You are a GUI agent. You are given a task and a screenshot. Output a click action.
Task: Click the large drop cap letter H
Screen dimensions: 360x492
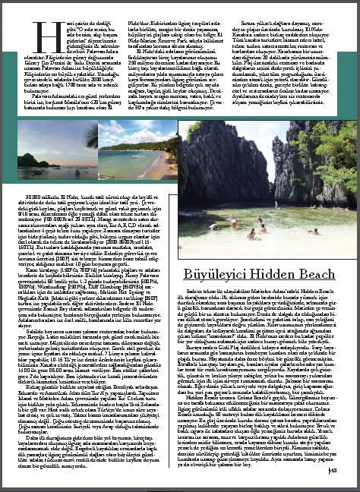click(39, 31)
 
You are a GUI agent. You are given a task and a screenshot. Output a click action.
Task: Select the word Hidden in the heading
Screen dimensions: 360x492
click(274, 270)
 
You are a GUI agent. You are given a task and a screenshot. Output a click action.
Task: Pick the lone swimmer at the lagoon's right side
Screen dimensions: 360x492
click(305, 225)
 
